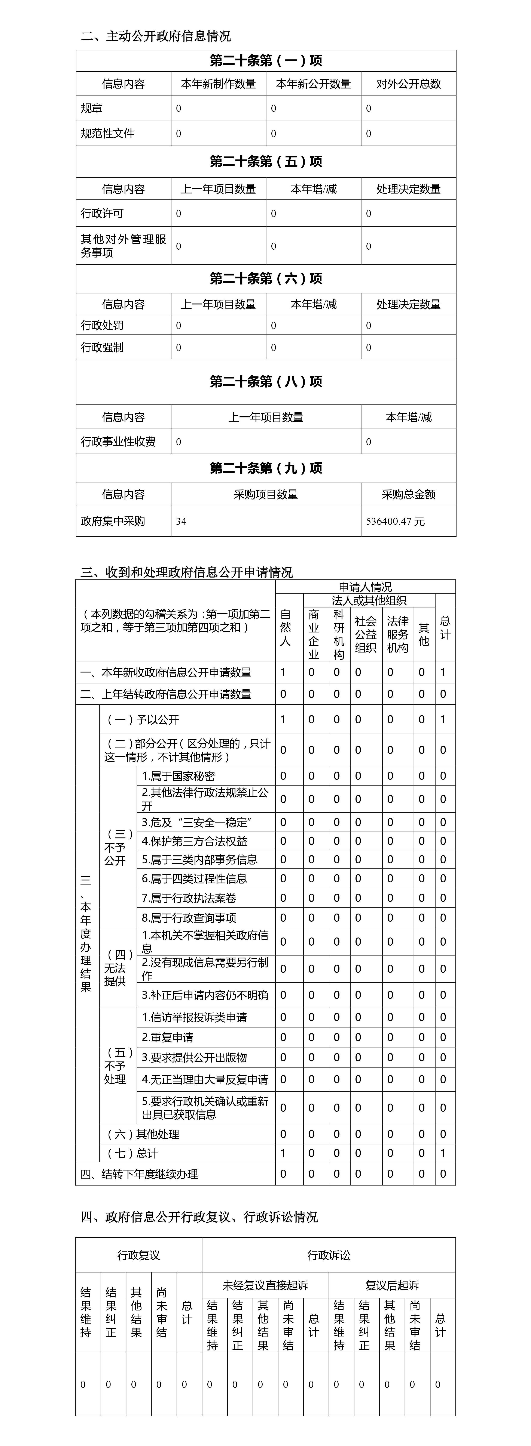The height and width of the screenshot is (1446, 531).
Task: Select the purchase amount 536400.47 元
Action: pos(395,522)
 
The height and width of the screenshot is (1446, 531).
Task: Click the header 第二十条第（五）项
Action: pos(266,162)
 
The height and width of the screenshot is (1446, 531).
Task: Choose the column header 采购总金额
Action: pos(409,495)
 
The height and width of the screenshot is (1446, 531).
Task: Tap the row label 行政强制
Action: pos(102,348)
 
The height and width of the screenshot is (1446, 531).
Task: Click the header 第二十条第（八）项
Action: pos(266,382)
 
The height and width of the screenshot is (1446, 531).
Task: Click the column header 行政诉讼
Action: pos(329,1255)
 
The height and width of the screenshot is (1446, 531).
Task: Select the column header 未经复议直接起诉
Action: pos(265,1285)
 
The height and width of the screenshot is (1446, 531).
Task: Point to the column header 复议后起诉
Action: pos(392,1285)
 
